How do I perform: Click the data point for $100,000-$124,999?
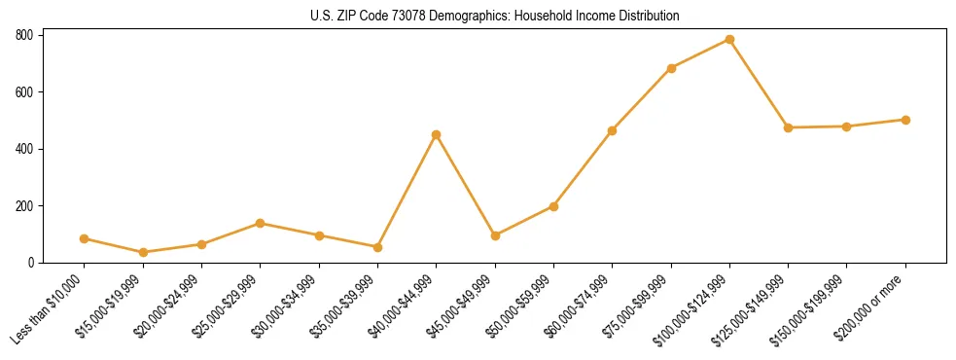tap(729, 40)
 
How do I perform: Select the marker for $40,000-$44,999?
tap(436, 134)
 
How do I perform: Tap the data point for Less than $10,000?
tap(84, 238)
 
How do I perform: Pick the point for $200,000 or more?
tap(905, 120)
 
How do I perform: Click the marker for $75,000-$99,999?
tap(671, 68)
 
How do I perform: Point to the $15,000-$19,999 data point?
tap(143, 252)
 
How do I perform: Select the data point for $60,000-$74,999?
tap(612, 130)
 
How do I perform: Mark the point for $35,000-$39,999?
tap(377, 247)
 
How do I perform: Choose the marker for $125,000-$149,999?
tap(788, 127)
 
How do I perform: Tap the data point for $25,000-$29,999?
tap(260, 223)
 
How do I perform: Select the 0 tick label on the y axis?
tap(32, 263)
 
